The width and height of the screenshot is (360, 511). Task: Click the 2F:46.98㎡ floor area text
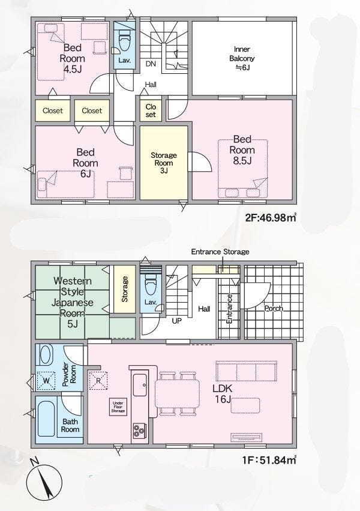[x=271, y=218]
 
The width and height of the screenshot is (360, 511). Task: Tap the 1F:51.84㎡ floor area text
[x=269, y=460]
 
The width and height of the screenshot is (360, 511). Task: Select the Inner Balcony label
[x=242, y=58]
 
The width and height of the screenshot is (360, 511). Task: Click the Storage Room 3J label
[x=164, y=163]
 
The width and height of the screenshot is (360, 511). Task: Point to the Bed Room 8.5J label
[x=242, y=150]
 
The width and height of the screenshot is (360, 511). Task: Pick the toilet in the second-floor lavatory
[x=125, y=41]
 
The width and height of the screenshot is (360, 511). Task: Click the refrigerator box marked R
[x=98, y=380]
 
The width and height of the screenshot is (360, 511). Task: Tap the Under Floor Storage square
[x=118, y=407]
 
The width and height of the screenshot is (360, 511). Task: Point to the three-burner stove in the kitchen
[x=139, y=431]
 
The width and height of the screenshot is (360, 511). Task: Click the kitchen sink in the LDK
[x=140, y=385]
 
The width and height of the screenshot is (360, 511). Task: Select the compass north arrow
[x=44, y=483]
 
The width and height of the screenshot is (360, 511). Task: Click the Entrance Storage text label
[x=220, y=252]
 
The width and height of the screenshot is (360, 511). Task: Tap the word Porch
[x=274, y=308]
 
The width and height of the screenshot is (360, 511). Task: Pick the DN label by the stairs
[x=151, y=64]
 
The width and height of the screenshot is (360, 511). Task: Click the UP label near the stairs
[x=177, y=321]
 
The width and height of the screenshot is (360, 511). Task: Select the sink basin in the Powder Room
[x=45, y=355]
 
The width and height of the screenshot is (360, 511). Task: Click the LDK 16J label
[x=223, y=393]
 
